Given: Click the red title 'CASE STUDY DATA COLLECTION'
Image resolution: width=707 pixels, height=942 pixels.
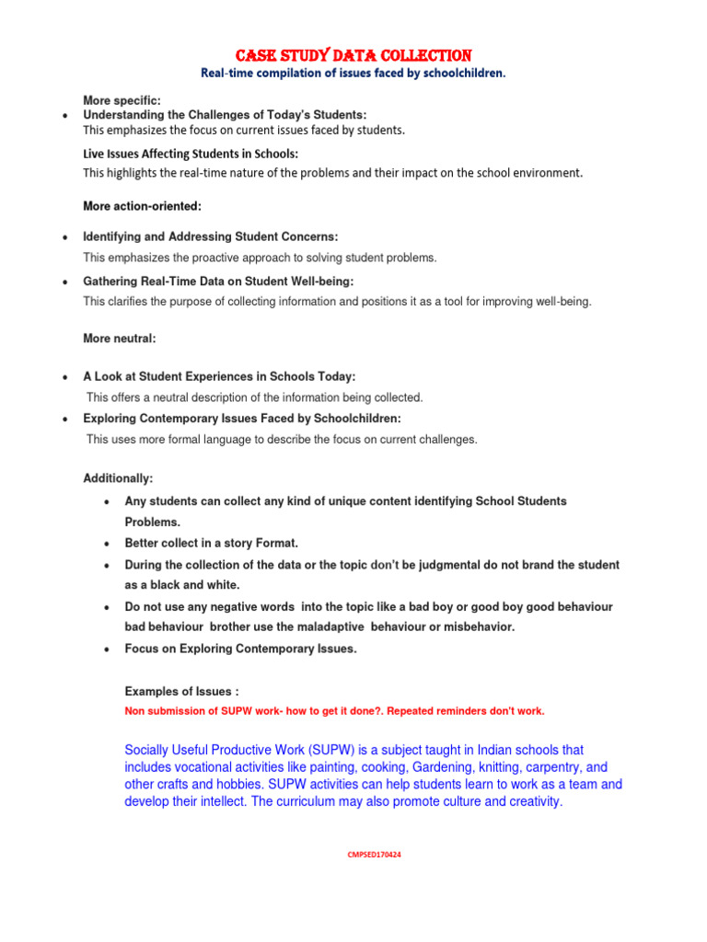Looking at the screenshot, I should [353, 55].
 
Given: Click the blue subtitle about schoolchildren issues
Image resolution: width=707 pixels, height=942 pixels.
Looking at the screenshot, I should [353, 74].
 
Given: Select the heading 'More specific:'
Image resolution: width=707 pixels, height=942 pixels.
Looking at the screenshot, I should [122, 99].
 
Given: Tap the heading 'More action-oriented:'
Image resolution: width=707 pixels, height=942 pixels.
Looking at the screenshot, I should [142, 206].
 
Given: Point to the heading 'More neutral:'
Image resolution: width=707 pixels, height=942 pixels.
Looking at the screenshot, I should [120, 339].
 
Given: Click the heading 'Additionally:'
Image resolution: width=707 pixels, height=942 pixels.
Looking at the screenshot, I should [118, 478].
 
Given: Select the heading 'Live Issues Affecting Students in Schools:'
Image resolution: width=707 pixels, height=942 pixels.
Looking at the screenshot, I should [191, 154].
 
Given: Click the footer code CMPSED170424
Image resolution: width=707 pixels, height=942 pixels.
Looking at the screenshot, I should [374, 855].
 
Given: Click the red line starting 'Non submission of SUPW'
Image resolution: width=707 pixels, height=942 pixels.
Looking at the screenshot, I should [334, 711].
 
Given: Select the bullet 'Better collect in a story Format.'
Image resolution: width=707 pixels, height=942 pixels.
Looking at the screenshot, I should [211, 543].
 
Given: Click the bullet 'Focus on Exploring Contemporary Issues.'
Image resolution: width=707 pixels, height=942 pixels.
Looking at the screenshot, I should [240, 649].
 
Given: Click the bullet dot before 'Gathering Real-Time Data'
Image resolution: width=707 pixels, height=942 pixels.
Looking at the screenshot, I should [64, 281].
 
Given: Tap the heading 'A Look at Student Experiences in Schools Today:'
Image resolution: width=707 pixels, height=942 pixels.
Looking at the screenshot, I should [219, 376].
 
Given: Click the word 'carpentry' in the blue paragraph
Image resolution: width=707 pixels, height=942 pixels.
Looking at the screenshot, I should [545, 767].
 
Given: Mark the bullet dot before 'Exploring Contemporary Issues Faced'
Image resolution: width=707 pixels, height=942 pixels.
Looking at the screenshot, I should [64, 419].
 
